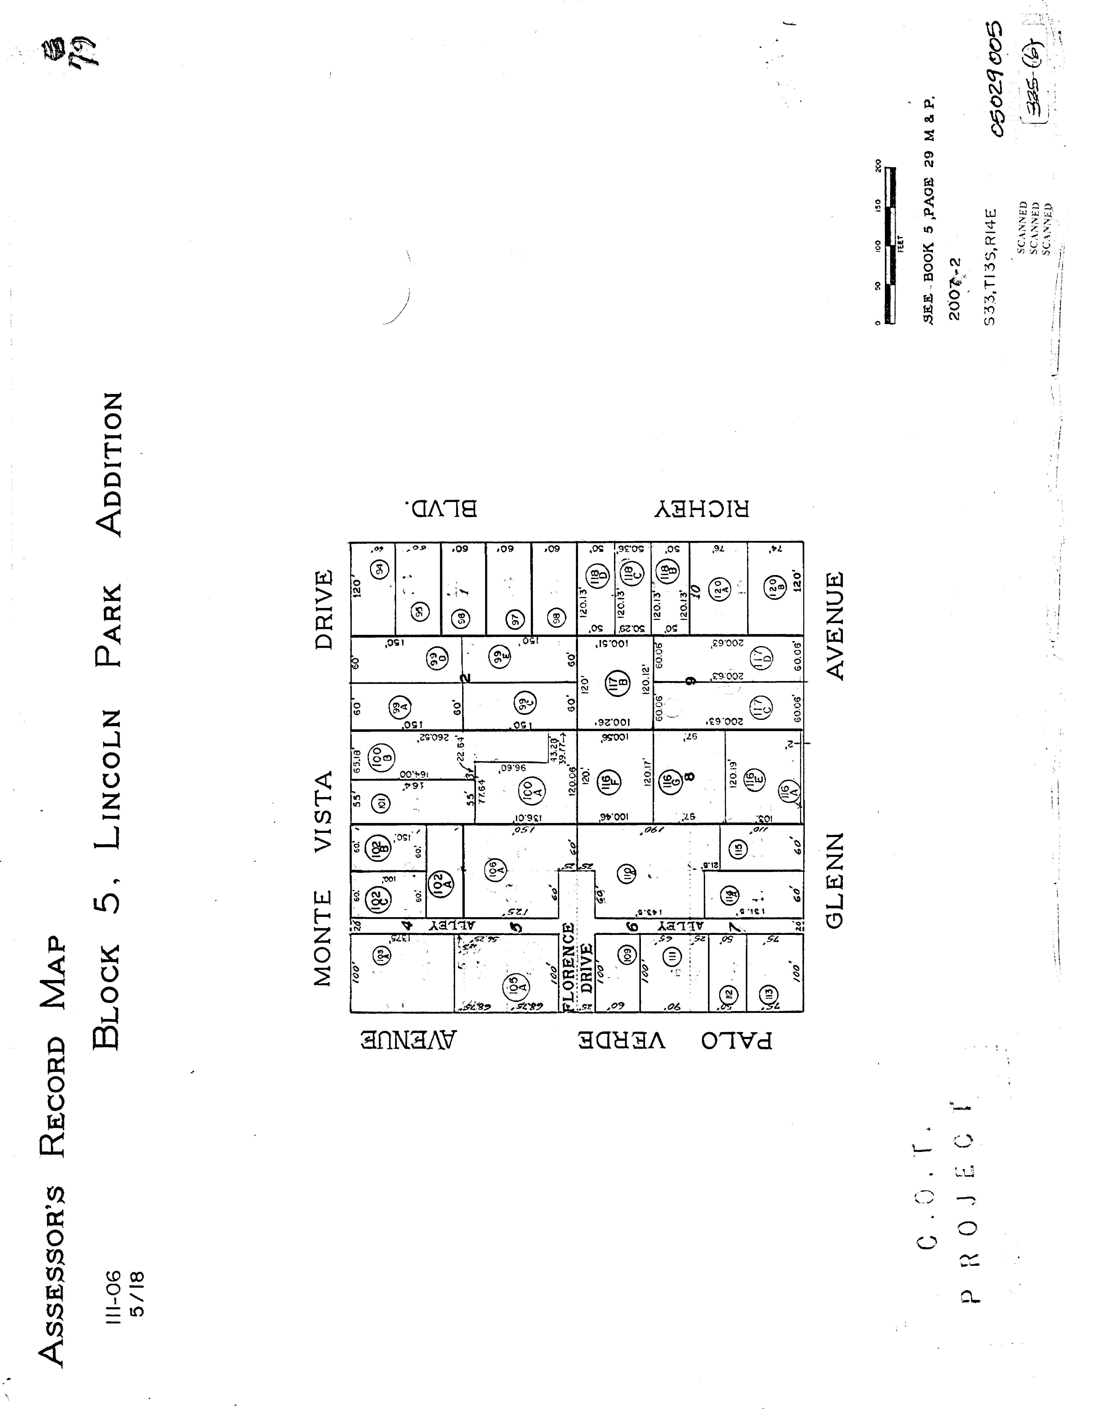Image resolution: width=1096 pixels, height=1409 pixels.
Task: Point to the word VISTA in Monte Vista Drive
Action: [x=323, y=810]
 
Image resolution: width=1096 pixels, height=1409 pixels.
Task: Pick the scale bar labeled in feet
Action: [x=890, y=245]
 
